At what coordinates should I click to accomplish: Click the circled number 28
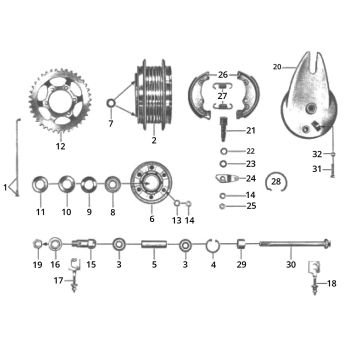277,180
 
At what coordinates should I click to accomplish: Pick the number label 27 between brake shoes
222,96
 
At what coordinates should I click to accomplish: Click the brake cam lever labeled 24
223,178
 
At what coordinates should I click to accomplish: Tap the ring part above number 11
41,186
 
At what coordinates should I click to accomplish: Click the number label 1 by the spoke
6,187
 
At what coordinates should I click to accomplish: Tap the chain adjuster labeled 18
311,268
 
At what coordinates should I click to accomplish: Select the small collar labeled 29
240,244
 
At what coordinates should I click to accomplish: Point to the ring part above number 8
112,186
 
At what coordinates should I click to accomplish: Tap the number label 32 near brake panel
317,154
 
